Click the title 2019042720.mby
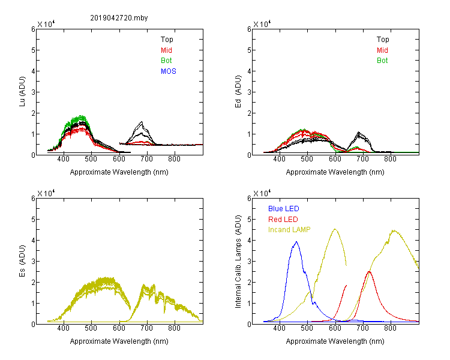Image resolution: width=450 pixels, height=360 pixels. pos(119,18)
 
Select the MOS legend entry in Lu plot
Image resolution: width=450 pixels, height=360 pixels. pos(169,71)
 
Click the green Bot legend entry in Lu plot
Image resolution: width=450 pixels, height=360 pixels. pos(166,61)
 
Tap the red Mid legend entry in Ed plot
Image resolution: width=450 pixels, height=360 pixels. pos(382,50)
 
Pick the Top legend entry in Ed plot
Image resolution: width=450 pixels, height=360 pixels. pos(383,40)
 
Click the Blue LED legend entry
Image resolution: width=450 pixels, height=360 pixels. pos(284,209)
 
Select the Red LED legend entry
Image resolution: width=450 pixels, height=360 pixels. pos(283,220)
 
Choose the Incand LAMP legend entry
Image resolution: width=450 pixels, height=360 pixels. pos(289,230)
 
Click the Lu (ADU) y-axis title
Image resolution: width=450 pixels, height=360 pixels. pos(22,92)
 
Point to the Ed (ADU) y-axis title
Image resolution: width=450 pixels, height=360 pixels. pos(238,92)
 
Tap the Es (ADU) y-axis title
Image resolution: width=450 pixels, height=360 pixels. pos(22,261)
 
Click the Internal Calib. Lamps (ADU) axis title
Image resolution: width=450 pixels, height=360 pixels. pos(238,261)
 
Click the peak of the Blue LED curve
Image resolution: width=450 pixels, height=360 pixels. pos(296,242)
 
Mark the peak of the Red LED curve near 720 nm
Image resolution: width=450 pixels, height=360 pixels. pos(369,272)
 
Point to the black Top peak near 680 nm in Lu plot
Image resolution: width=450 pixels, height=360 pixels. pos(142,122)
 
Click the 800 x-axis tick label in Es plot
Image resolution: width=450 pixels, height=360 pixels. pos(174,328)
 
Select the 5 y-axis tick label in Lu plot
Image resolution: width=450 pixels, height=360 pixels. pos(33,50)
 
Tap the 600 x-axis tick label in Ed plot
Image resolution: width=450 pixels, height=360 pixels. pos(335,159)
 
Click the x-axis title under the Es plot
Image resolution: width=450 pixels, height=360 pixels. pos(119,341)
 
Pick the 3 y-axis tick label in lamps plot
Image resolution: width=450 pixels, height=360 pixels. pos(249,262)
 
